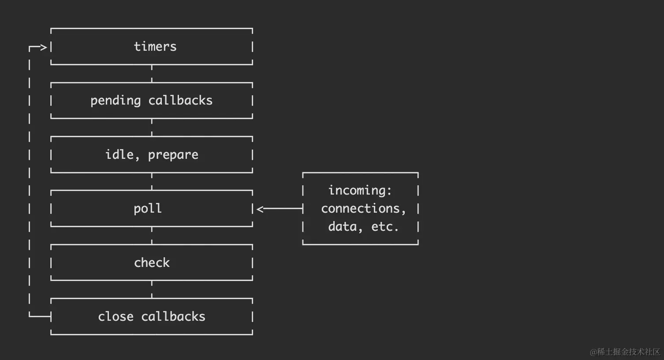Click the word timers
coord(155,47)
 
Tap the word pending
coord(116,101)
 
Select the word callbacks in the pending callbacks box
coord(180,100)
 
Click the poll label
coord(148,209)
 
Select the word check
coord(152,262)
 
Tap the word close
coord(116,316)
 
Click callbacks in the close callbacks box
coord(173,316)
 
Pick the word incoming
coord(360,191)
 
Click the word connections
coord(363,209)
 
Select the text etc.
coord(385,227)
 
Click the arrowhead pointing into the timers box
coord(44,47)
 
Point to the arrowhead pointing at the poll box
coord(260,209)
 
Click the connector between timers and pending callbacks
coord(152,74)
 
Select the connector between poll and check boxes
coord(152,236)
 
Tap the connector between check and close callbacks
coord(152,289)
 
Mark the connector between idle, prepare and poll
coord(152,181)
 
